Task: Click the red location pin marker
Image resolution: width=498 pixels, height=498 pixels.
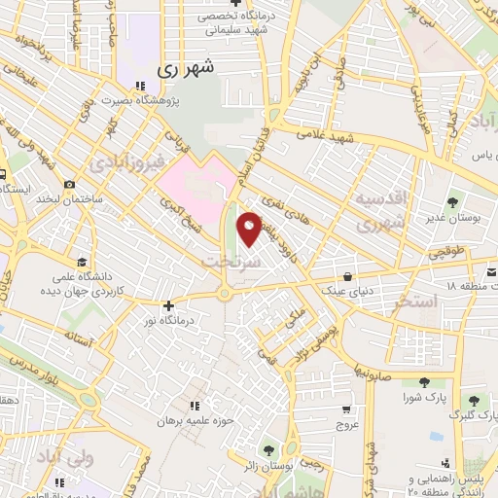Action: tap(249, 229)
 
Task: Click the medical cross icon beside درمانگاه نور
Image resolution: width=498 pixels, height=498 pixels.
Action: tap(168, 304)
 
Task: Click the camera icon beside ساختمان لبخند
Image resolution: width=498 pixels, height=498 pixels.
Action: tap(70, 185)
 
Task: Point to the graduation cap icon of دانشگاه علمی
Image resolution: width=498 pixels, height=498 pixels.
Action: tap(84, 264)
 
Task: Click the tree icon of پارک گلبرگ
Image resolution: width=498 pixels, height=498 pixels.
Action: tap(473, 399)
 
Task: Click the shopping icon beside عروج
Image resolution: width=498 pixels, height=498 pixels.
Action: tap(347, 409)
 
